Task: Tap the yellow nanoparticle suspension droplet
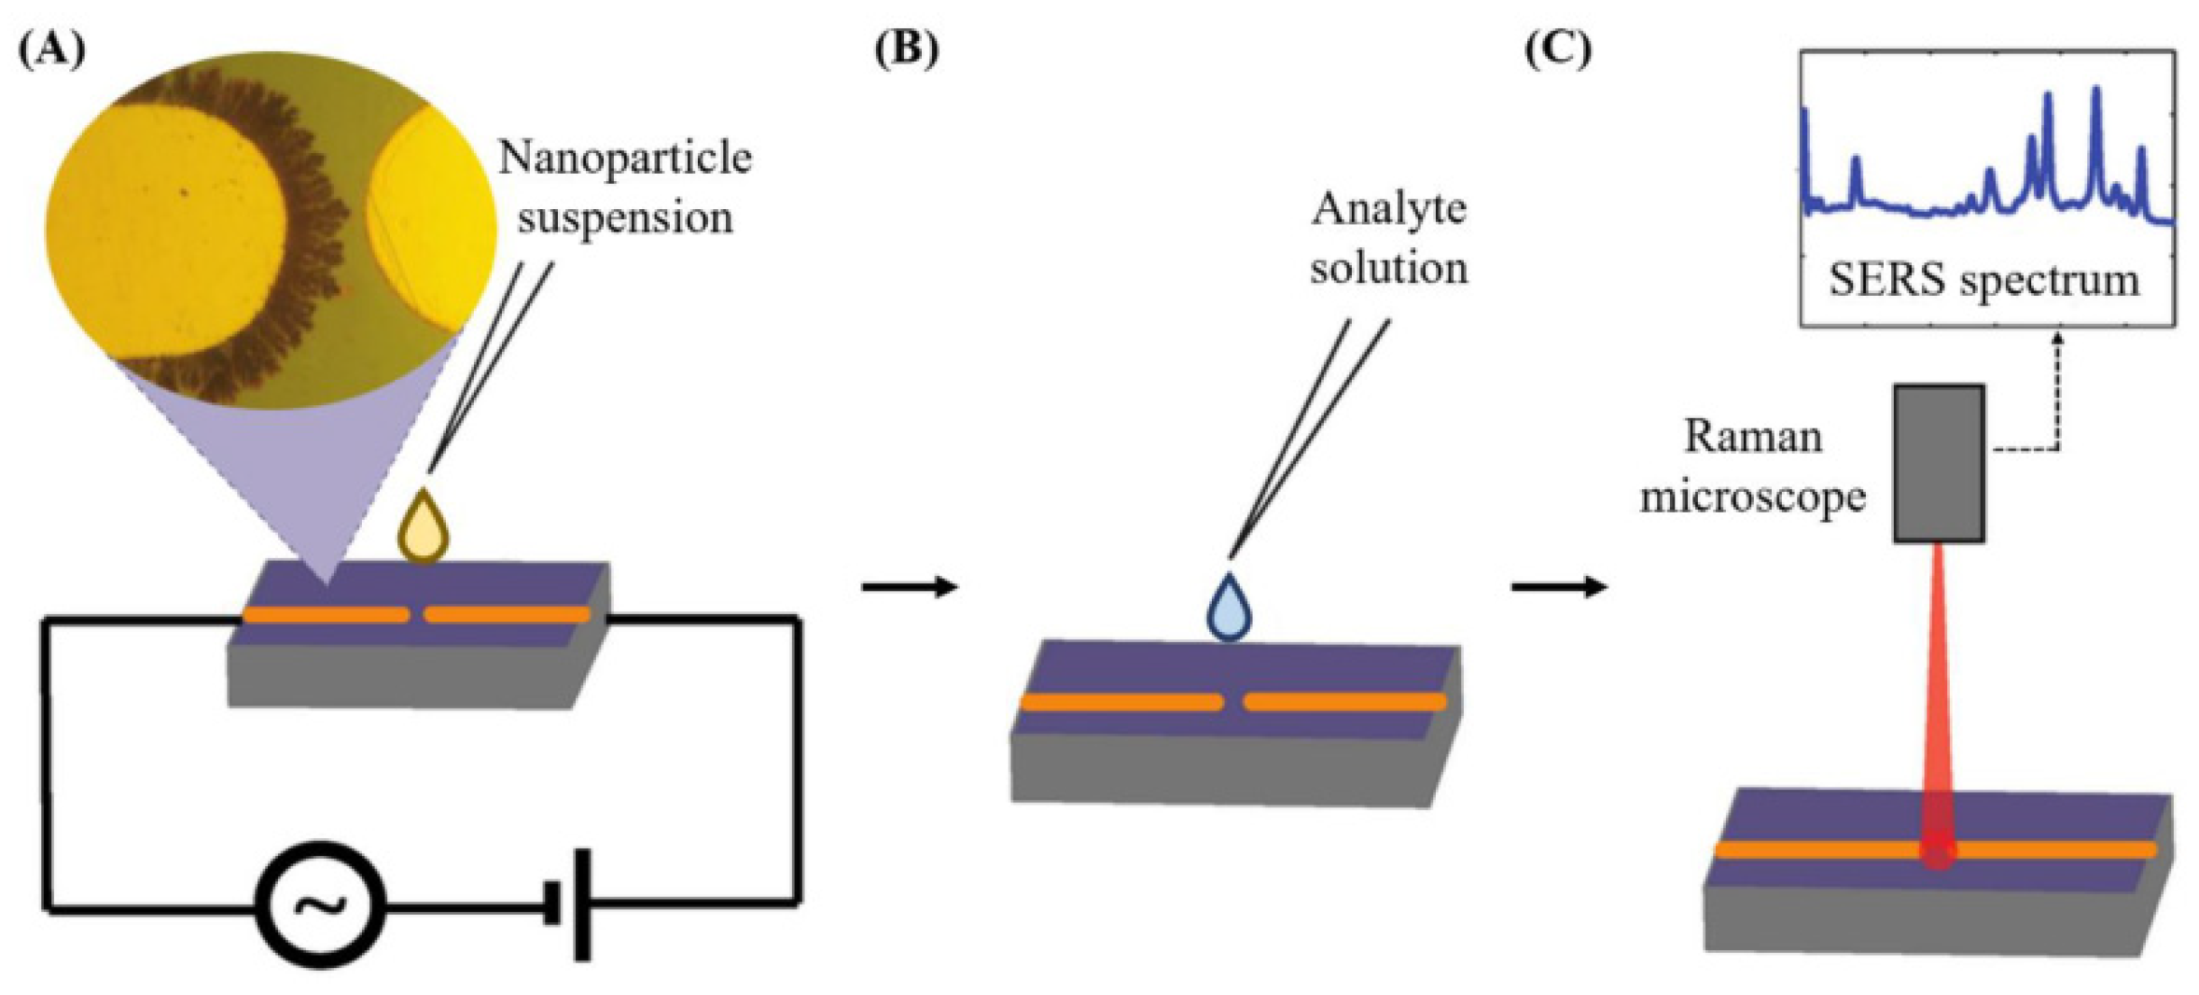(424, 528)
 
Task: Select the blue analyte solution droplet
(1230, 609)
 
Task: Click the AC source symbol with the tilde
(321, 904)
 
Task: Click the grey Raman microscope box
(1939, 463)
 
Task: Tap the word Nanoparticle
(625, 159)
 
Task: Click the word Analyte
(1388, 209)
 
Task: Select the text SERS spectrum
(1983, 279)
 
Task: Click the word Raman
(1752, 437)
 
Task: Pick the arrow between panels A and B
(910, 587)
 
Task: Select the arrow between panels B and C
(1559, 587)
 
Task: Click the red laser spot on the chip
(1939, 851)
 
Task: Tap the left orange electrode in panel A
(326, 615)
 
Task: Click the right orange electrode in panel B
(1344, 701)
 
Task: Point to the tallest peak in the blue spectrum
(2096, 93)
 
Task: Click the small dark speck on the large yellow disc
(185, 193)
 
